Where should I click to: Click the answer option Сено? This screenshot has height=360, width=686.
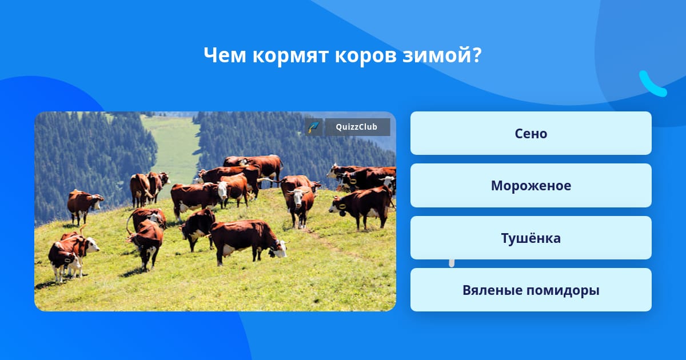pos(531,133)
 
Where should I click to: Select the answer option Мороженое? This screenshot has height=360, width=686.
pos(531,186)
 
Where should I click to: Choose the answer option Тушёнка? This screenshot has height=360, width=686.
pos(531,238)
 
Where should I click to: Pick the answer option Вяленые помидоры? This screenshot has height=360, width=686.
pos(531,290)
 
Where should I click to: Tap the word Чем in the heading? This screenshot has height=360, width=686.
pos(225,55)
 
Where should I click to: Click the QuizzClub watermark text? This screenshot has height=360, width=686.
pos(357,127)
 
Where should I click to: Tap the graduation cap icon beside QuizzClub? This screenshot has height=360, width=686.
pos(314,127)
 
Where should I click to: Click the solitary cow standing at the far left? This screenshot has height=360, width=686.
pos(84,206)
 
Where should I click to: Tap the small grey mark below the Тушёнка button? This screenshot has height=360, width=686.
pos(452,263)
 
